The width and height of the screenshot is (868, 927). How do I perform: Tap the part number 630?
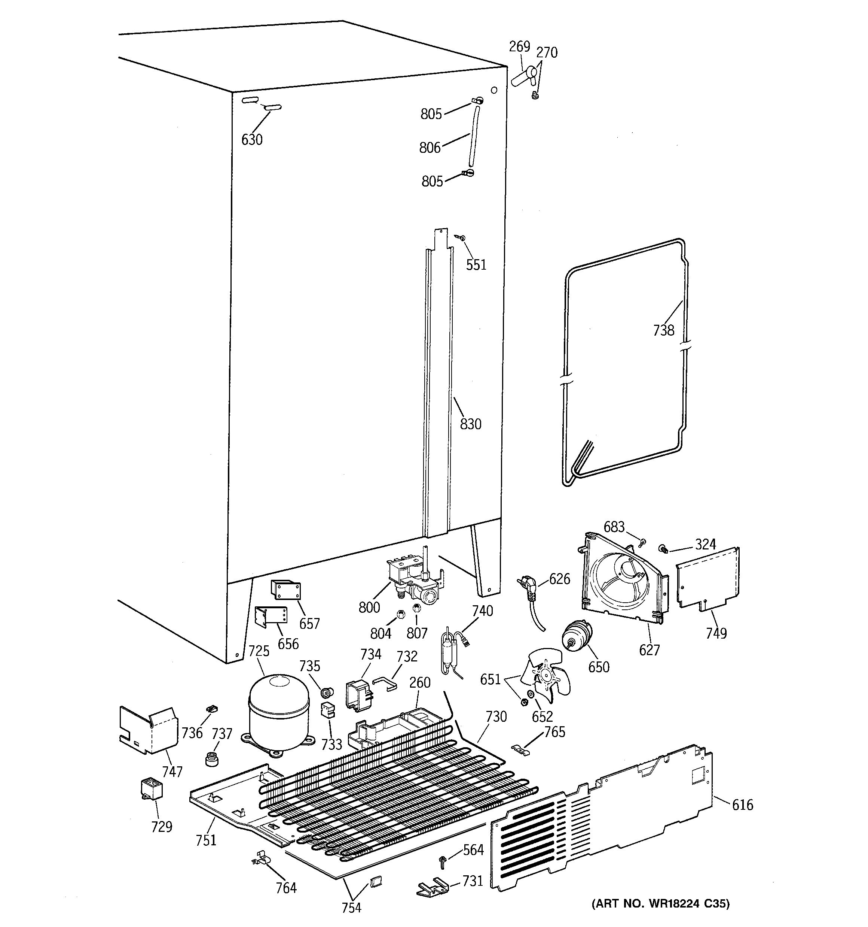click(x=252, y=139)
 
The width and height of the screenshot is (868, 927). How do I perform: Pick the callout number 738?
click(x=663, y=330)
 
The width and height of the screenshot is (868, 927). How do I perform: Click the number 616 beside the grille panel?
click(x=742, y=805)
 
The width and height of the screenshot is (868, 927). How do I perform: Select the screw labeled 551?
click(x=462, y=238)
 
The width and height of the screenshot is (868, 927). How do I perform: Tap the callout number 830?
click(x=471, y=424)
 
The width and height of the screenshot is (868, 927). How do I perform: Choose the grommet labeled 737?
click(x=212, y=759)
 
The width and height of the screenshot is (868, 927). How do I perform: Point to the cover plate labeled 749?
click(x=707, y=579)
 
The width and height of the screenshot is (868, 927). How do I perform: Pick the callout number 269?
click(x=519, y=46)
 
